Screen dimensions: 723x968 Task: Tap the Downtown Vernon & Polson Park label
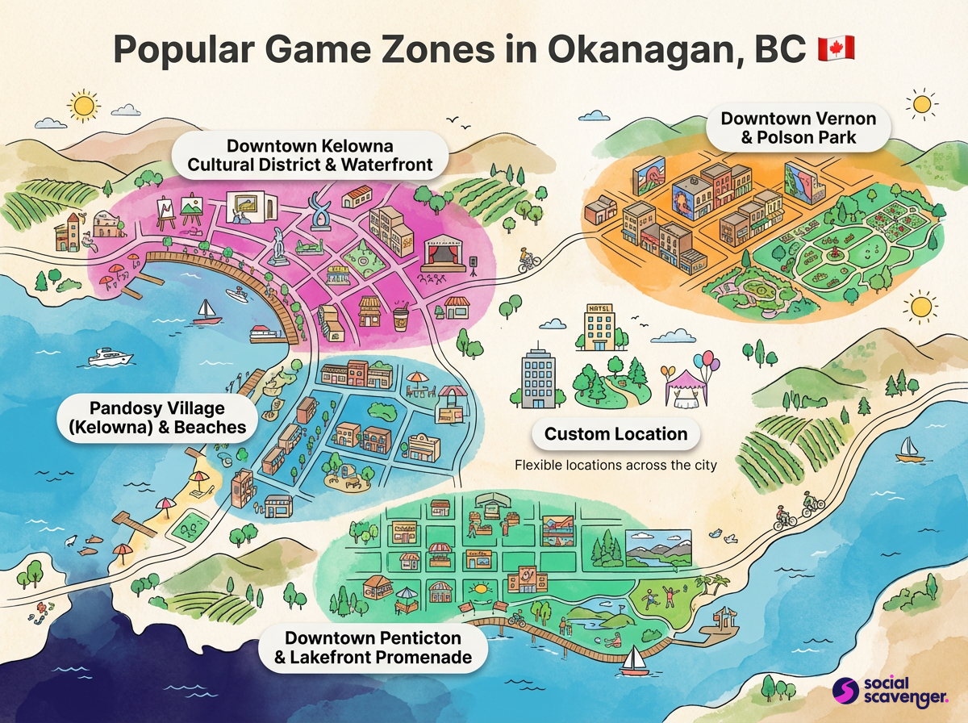tap(797, 128)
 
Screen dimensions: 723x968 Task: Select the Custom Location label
tap(615, 434)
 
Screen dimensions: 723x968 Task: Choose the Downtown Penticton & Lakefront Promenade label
tap(372, 646)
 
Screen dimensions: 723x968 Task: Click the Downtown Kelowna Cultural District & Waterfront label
tap(310, 156)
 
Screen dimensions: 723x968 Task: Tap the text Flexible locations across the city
tap(615, 466)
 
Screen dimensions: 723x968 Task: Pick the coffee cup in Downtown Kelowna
tap(400, 315)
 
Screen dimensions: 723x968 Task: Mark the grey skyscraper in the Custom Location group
tap(538, 378)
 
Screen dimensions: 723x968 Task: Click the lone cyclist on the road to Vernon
tap(528, 259)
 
